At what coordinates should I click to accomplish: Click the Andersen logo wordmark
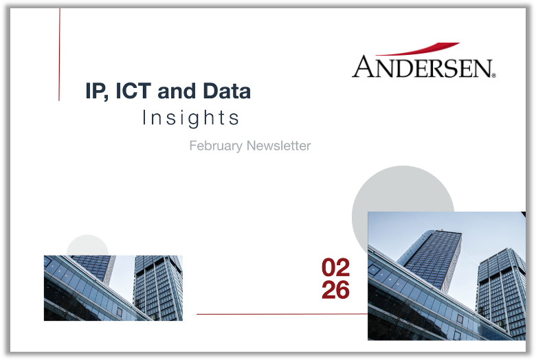coord(423,67)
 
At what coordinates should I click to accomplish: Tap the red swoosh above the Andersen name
coord(420,49)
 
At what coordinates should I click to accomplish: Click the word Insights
coord(191,118)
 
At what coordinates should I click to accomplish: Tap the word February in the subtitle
coord(215,146)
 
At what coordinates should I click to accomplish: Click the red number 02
coord(335,267)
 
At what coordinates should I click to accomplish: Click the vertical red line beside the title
coord(60,55)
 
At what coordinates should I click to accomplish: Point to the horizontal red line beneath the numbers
coord(282,315)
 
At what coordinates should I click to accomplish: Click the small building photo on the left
coord(113,288)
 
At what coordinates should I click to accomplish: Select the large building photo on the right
coord(447,275)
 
